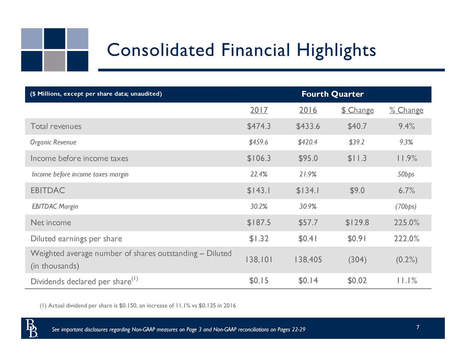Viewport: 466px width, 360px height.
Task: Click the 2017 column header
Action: point(259,110)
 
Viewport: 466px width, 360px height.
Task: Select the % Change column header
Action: point(406,110)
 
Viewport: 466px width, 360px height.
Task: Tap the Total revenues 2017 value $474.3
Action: point(259,126)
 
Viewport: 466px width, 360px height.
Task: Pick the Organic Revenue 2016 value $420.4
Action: point(308,142)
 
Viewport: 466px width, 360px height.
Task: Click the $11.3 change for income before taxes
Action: point(357,158)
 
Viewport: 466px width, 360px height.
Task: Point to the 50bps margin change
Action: point(406,174)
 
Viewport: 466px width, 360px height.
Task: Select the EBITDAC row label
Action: point(48,190)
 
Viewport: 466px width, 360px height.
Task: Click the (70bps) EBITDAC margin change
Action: point(406,206)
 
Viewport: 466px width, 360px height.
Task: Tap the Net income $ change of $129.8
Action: point(357,222)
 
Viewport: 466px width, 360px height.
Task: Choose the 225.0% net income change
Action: point(406,222)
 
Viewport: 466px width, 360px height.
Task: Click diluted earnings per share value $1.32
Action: point(259,239)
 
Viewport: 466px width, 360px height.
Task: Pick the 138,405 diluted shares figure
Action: point(308,260)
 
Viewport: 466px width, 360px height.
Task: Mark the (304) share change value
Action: point(357,260)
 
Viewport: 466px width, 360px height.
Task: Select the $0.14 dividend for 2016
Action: point(308,281)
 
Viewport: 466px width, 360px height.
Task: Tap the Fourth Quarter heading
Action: point(332,94)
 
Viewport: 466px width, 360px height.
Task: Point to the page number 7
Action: point(418,327)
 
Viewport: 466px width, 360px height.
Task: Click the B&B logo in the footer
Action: point(32,328)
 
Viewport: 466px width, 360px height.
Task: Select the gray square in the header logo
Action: point(55,61)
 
